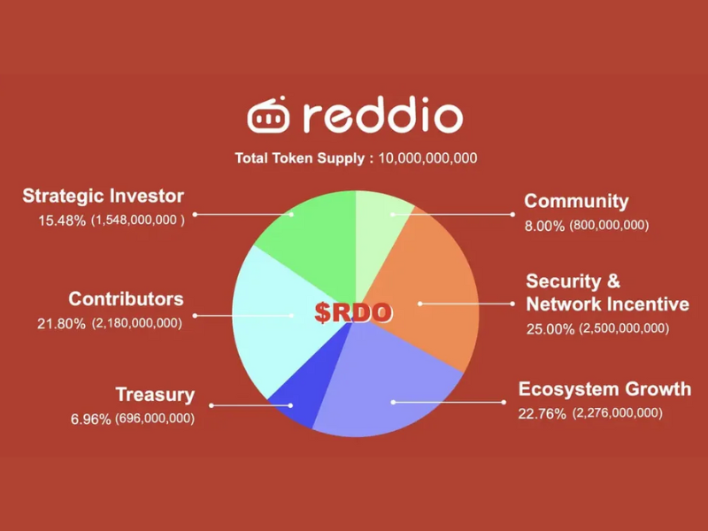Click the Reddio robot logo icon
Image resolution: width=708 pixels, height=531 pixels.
pyautogui.click(x=267, y=117)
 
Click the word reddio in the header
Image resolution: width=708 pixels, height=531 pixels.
pyautogui.click(x=381, y=117)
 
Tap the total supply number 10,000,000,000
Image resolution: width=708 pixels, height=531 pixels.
pyautogui.click(x=428, y=158)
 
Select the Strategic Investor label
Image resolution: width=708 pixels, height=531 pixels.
pyautogui.click(x=104, y=196)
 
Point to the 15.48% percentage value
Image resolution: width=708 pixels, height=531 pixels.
pyautogui.click(x=61, y=219)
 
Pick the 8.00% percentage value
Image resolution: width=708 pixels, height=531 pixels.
pyautogui.click(x=544, y=226)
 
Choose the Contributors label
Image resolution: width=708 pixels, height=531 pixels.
pyautogui.click(x=126, y=299)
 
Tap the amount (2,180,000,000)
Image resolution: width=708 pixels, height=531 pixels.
pyautogui.click(x=136, y=323)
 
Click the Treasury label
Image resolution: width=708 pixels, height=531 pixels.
pyautogui.click(x=155, y=395)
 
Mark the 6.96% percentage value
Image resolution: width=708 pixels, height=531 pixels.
pyautogui.click(x=90, y=418)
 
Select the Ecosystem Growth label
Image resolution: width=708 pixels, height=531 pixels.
pyautogui.click(x=604, y=389)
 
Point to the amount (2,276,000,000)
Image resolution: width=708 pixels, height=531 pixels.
pyautogui.click(x=617, y=413)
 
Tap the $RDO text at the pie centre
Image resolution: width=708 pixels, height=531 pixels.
pyautogui.click(x=354, y=312)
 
